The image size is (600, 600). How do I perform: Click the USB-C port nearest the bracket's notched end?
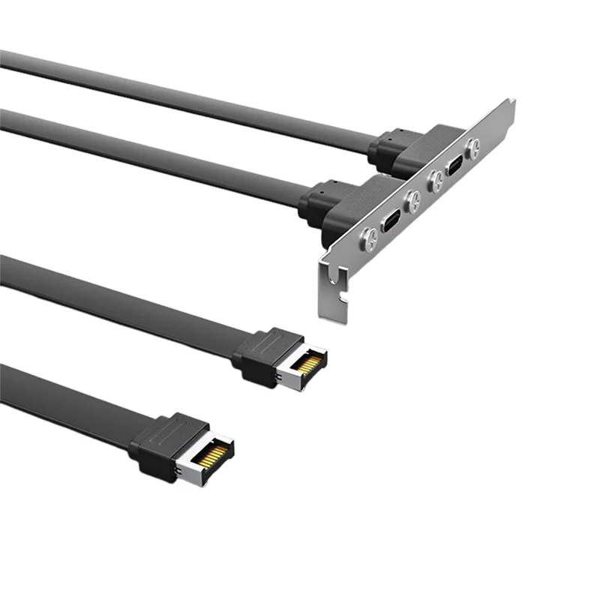[x=391, y=223]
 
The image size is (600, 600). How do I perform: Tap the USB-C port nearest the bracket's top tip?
[x=454, y=167]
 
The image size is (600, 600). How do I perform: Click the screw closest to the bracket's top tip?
[x=474, y=147]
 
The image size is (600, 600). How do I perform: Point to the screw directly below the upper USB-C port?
[x=433, y=181]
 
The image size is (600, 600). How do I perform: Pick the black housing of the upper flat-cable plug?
[x=259, y=356]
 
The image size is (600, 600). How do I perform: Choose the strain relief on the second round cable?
[x=319, y=201]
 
